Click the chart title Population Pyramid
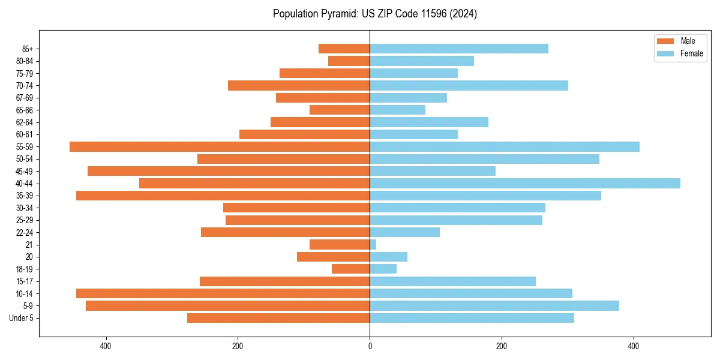pyautogui.click(x=375, y=14)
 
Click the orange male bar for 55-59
pyautogui.click(x=220, y=147)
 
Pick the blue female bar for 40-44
pyautogui.click(x=525, y=184)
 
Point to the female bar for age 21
pyautogui.click(x=373, y=245)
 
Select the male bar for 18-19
pyautogui.click(x=351, y=269)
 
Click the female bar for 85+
pyautogui.click(x=459, y=49)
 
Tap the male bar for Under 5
pyautogui.click(x=278, y=318)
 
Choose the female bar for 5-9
pyautogui.click(x=494, y=306)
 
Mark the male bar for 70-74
pyautogui.click(x=299, y=86)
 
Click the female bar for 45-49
pyautogui.click(x=433, y=171)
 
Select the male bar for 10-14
pyautogui.click(x=223, y=293)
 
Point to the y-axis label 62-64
pyautogui.click(x=24, y=122)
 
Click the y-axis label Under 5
pyautogui.click(x=22, y=318)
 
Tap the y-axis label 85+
pyautogui.click(x=26, y=49)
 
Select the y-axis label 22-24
pyautogui.click(x=24, y=233)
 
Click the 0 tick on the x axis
pyautogui.click(x=370, y=346)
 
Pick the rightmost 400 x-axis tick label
pyautogui.click(x=634, y=346)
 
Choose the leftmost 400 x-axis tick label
pyautogui.click(x=106, y=346)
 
